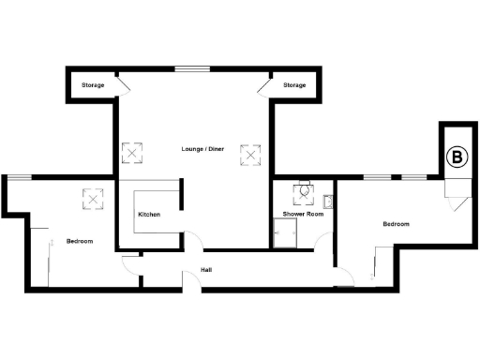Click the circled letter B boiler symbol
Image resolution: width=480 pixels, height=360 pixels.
[x=457, y=157]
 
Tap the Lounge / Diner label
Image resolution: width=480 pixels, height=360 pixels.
[x=202, y=149]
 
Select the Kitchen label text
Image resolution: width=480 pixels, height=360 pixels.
[x=149, y=215]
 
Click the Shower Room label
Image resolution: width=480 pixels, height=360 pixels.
[x=303, y=215]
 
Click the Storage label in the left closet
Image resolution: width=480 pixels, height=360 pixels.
[x=93, y=86]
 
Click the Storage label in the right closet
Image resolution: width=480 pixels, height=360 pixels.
[x=294, y=86]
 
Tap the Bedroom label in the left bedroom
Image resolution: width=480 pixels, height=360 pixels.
[x=80, y=242]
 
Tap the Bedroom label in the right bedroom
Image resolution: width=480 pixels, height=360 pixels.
[x=396, y=224]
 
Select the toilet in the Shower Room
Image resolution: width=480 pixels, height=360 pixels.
[x=303, y=192]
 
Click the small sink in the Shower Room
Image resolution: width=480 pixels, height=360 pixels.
[x=328, y=202]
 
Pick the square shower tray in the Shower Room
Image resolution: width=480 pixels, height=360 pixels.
[x=282, y=238]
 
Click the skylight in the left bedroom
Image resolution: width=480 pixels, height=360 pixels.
[x=94, y=198]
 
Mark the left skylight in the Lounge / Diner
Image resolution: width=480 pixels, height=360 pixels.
[x=133, y=153]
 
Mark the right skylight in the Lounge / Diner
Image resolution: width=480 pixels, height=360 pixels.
[x=250, y=153]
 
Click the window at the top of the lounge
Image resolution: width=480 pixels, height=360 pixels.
[x=192, y=67]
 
